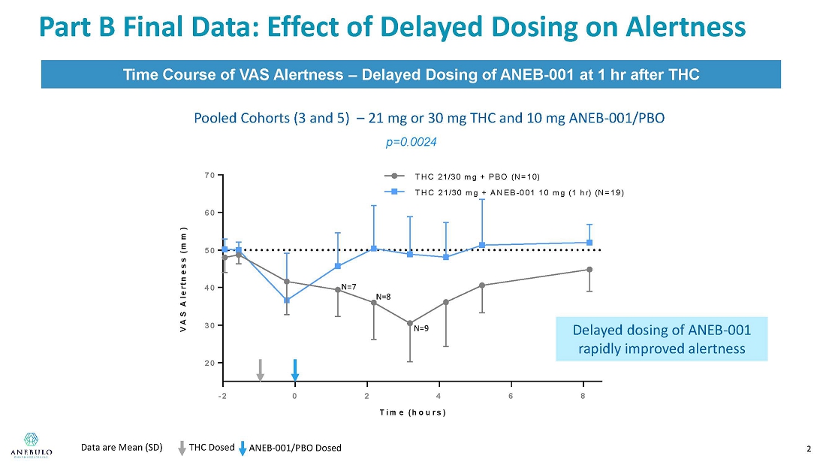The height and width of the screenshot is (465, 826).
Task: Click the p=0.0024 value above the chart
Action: point(410,141)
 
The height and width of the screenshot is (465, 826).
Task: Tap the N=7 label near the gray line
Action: point(348,287)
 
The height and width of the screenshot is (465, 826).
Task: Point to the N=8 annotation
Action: point(383,297)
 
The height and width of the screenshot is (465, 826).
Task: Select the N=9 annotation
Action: point(421,328)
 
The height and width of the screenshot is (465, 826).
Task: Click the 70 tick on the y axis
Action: point(210,175)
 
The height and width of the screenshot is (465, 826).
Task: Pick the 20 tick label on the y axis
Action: point(210,363)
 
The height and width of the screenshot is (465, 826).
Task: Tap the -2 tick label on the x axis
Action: point(223,395)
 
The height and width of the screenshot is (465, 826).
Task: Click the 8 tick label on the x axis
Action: point(583,395)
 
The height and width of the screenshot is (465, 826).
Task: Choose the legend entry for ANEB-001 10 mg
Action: point(518,192)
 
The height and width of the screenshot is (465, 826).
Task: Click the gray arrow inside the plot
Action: point(260,370)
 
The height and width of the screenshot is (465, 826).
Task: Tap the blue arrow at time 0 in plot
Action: point(295,370)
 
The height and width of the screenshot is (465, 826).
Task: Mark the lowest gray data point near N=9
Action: point(409,324)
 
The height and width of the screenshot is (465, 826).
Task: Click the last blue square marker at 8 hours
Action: point(589,243)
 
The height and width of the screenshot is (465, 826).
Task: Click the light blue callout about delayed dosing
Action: point(662,339)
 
